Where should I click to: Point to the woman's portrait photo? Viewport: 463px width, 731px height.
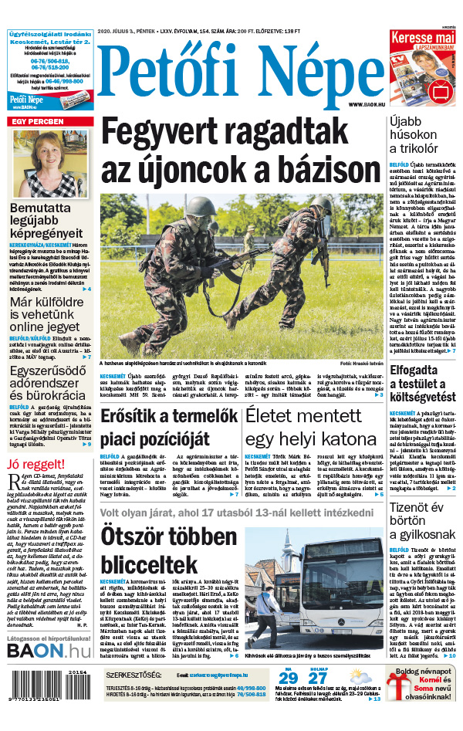pyautogui.click(x=50, y=163)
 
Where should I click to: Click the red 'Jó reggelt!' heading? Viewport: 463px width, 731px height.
pyautogui.click(x=35, y=465)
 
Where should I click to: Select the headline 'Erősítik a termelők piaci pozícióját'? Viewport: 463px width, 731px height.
pyautogui.click(x=167, y=428)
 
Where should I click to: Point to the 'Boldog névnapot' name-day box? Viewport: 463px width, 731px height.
pyautogui.click(x=423, y=694)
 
